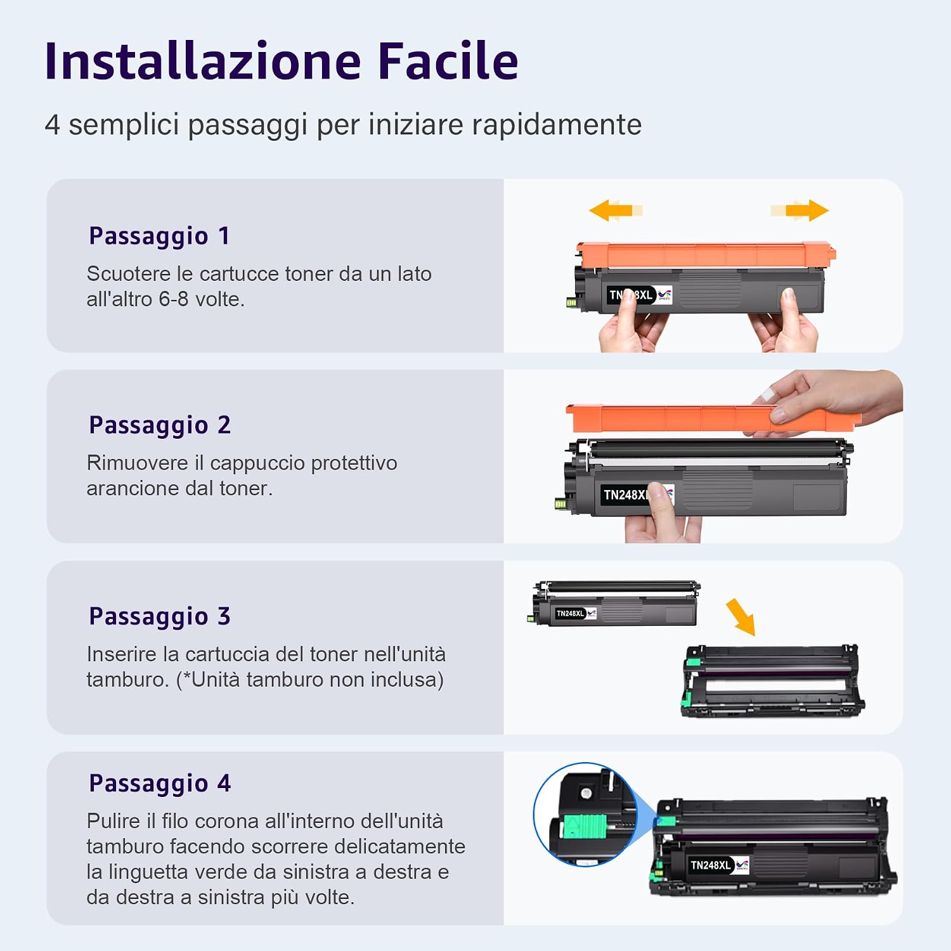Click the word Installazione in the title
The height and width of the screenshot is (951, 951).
pyautogui.click(x=203, y=61)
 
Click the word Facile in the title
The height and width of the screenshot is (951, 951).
pyautogui.click(x=448, y=61)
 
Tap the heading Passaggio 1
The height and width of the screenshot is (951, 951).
pyautogui.click(x=159, y=236)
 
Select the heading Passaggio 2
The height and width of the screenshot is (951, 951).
pyautogui.click(x=160, y=425)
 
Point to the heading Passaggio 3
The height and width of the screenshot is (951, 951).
pyautogui.click(x=160, y=617)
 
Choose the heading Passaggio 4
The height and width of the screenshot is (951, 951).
pyautogui.click(x=160, y=784)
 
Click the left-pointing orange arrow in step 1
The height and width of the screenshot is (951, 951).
pyautogui.click(x=616, y=210)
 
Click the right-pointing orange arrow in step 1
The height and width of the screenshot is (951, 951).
pyautogui.click(x=799, y=210)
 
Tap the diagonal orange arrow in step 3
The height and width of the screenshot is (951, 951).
pyautogui.click(x=741, y=616)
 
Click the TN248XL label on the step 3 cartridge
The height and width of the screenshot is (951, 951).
pyautogui.click(x=570, y=613)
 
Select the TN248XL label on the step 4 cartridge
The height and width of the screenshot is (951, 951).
pyautogui.click(x=711, y=865)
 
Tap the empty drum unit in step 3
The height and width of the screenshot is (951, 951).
pyautogui.click(x=772, y=682)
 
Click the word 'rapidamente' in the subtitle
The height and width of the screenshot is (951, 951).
pyautogui.click(x=545, y=125)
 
